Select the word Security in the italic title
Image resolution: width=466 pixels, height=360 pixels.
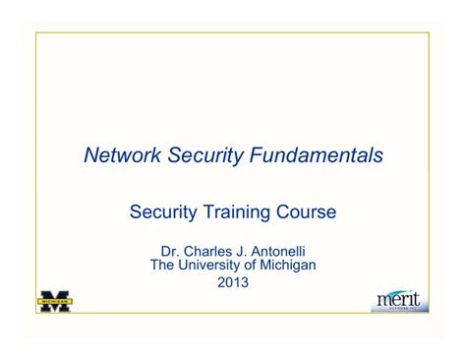205,155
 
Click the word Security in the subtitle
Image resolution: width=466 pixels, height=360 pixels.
165,211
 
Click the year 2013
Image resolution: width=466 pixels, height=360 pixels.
232,283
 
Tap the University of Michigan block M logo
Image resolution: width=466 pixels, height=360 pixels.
55,300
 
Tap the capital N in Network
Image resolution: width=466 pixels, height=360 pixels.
91,155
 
